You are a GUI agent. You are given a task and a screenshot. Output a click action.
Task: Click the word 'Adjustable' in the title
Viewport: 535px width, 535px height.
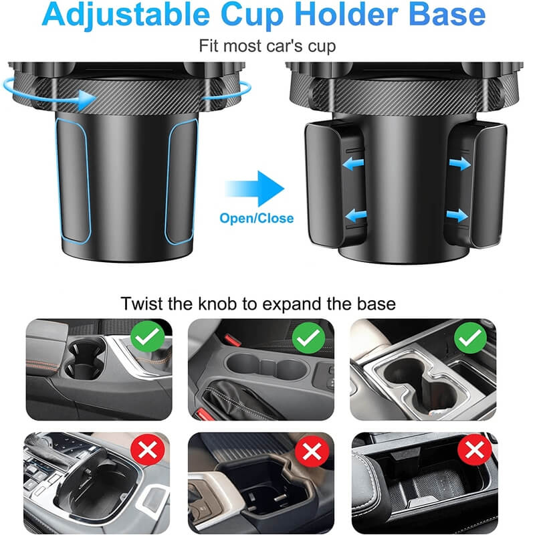pyautogui.click(x=126, y=15)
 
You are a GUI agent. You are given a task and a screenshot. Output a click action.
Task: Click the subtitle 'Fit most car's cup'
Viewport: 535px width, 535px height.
pyautogui.click(x=267, y=46)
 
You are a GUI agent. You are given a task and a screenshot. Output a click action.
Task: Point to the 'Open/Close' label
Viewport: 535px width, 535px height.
pyautogui.click(x=257, y=219)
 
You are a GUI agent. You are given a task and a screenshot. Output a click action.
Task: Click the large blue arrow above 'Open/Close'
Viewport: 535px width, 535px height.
pyautogui.click(x=255, y=189)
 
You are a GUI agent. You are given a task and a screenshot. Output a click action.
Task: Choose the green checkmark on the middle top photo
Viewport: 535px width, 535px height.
pyautogui.click(x=308, y=338)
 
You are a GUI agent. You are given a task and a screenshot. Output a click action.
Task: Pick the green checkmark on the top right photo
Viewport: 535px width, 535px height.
pyautogui.click(x=471, y=338)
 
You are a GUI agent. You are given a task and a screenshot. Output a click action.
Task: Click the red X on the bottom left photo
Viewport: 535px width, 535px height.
pyautogui.click(x=148, y=449)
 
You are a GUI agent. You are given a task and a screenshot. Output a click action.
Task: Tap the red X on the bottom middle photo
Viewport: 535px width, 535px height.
pyautogui.click(x=312, y=450)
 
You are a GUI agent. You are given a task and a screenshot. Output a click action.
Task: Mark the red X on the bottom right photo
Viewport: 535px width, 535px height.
pyautogui.click(x=475, y=449)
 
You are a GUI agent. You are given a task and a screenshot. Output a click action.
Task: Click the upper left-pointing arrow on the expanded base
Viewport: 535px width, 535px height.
pyautogui.click(x=353, y=164)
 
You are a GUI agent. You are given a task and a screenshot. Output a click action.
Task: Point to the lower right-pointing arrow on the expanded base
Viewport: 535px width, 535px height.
pyautogui.click(x=457, y=215)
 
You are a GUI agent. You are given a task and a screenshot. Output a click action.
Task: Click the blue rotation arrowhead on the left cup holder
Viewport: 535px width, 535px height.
pyautogui.click(x=86, y=100)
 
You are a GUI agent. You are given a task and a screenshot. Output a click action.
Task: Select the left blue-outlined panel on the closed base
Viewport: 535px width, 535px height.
pyautogui.click(x=73, y=181)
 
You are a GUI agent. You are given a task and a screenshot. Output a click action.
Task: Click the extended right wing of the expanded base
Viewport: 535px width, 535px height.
pyautogui.click(x=489, y=185)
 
